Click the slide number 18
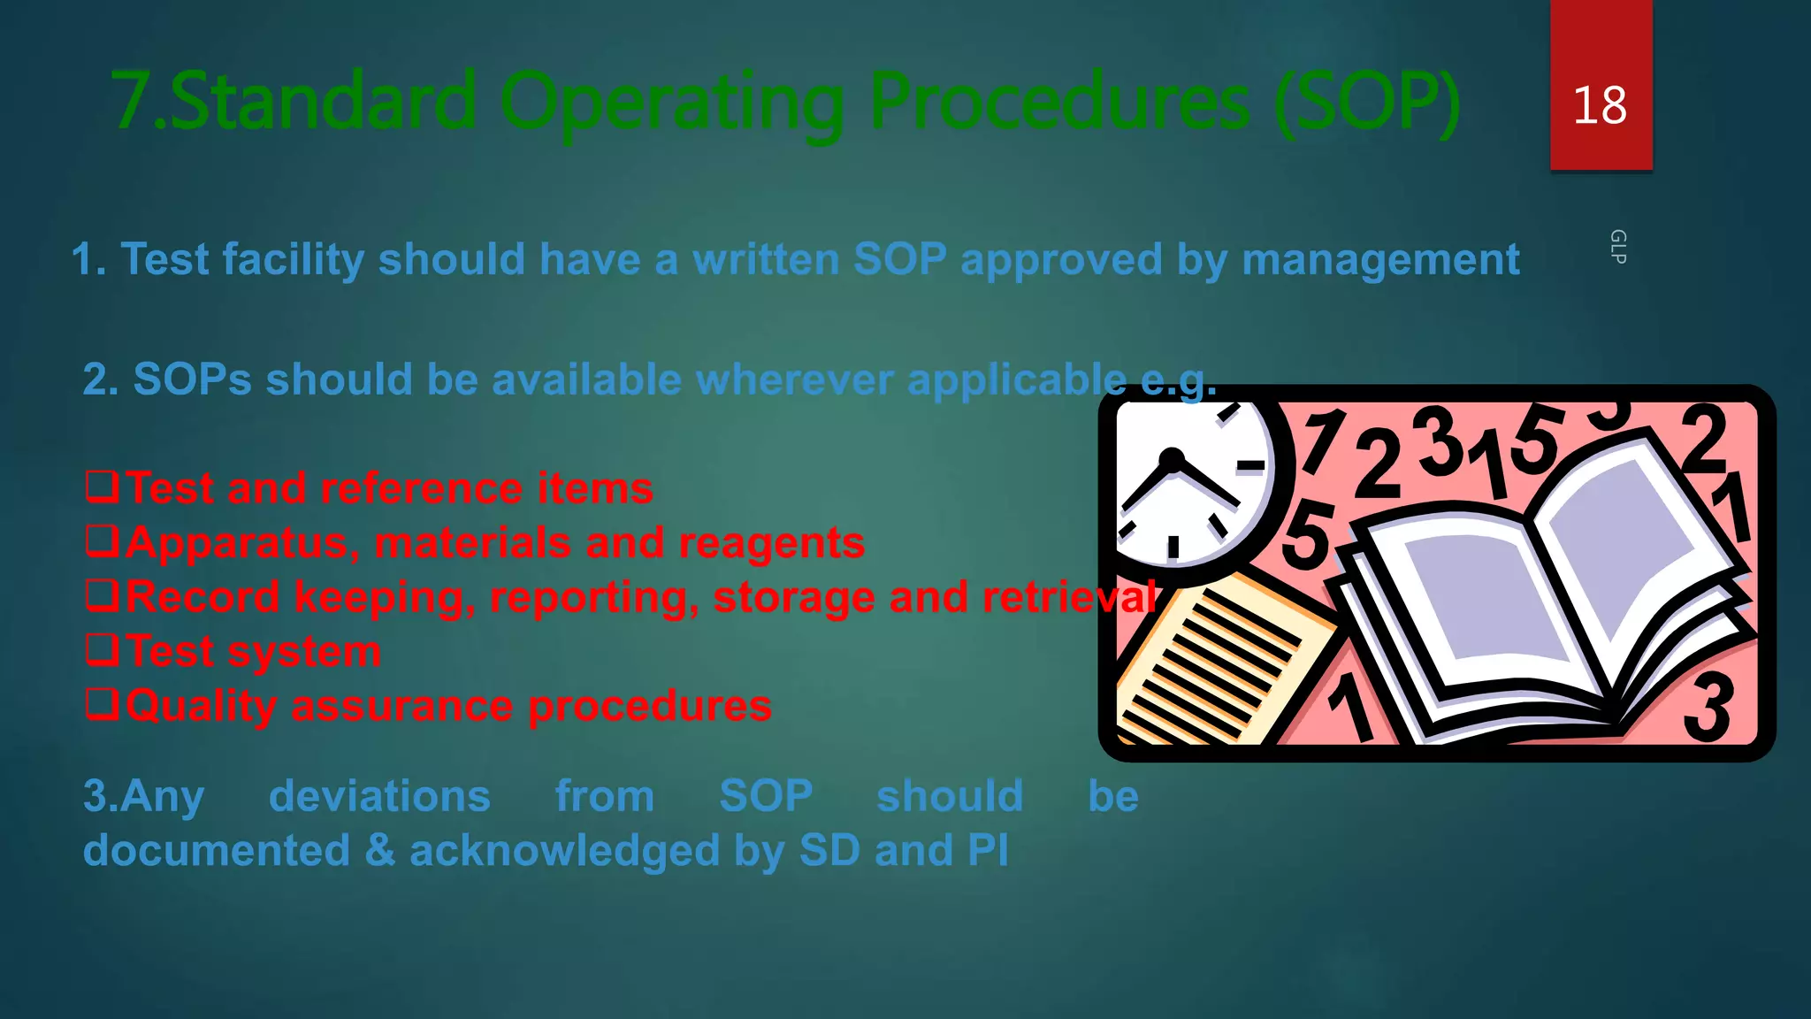(1600, 105)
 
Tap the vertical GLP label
(1617, 247)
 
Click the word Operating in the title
(672, 103)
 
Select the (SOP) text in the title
(1367, 103)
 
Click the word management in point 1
(1380, 260)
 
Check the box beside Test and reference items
(102, 487)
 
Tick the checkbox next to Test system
(102, 650)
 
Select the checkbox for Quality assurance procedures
(102, 704)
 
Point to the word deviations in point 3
(379, 796)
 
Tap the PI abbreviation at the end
(988, 851)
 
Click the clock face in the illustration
(1185, 482)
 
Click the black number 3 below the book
(1708, 708)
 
